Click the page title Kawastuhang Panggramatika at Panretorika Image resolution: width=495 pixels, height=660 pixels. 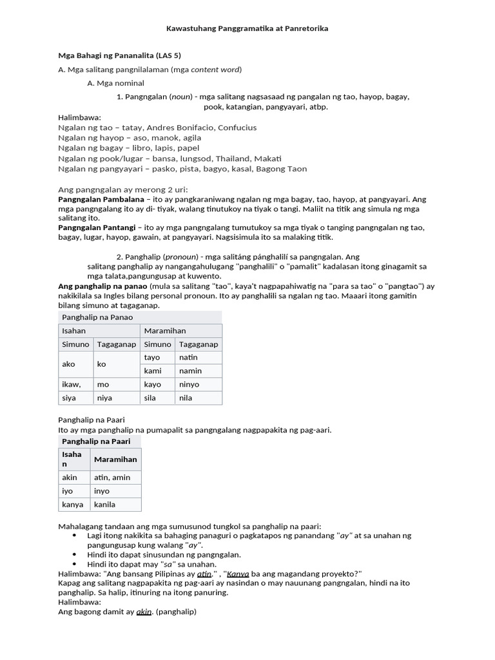pos(247,29)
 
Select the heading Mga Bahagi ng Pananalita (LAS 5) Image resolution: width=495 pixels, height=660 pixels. pos(119,56)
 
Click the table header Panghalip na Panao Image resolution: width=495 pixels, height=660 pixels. pos(97,318)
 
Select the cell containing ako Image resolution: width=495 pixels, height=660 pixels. pos(69,364)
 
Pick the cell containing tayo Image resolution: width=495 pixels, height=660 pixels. pos(153,358)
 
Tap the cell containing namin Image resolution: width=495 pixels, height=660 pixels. pos(190,371)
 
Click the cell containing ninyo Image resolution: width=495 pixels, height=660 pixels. pos(189,385)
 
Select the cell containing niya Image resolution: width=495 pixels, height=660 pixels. pos(104,398)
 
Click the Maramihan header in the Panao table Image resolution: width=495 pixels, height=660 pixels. pos(164,331)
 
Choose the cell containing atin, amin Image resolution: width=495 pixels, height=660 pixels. pos(112,478)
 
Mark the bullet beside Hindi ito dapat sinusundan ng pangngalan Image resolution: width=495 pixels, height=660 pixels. pos(75,555)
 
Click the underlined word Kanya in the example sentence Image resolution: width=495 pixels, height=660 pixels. pos(238,574)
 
